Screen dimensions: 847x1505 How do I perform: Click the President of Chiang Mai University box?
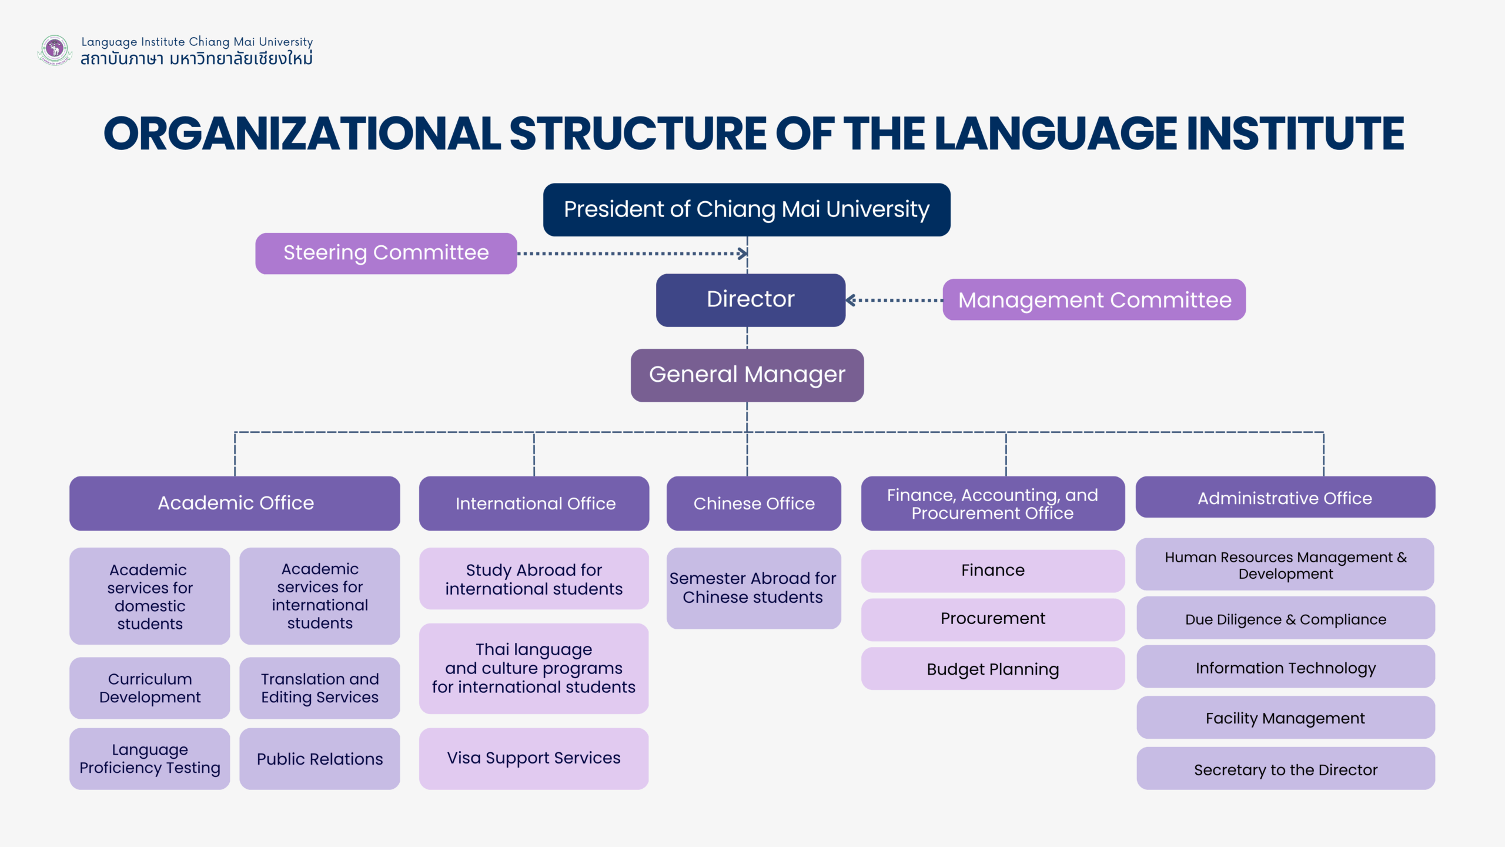pos(747,209)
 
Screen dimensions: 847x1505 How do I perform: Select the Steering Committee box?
pos(386,253)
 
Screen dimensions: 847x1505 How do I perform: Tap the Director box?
pos(750,299)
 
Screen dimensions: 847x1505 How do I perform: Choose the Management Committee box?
pos(1093,300)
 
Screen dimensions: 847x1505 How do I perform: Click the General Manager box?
pos(747,375)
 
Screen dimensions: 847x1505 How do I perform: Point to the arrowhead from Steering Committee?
pos(743,254)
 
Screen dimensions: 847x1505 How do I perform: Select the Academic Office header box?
pos(235,503)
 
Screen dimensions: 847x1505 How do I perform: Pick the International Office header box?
pos(534,503)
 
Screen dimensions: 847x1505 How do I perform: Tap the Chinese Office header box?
pos(754,503)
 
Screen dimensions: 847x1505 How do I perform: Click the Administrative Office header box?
pos(1285,498)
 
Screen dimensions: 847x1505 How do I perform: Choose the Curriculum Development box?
pos(149,688)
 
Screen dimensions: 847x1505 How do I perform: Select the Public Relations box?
pos(319,759)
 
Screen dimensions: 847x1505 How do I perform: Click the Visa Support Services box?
pos(533,758)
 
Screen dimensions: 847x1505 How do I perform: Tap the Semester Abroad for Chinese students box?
pos(753,588)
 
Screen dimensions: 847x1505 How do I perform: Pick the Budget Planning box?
pos(992,669)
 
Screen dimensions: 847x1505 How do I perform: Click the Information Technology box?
pos(1285,667)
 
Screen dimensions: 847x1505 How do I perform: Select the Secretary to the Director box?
pos(1285,769)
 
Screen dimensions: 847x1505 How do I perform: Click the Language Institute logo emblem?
pos(55,49)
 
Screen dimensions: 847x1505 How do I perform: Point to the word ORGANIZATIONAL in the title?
pos(302,134)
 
